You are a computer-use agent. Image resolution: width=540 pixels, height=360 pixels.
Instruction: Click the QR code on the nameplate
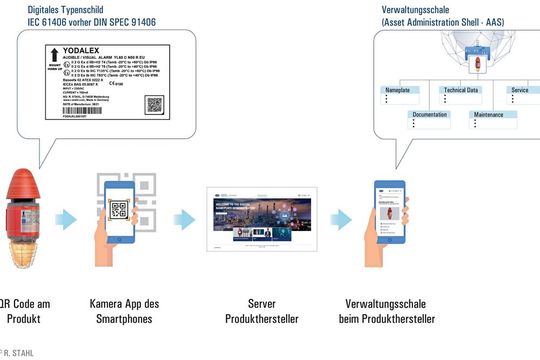[157, 105]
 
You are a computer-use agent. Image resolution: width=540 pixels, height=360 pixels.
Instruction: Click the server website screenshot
[259, 219]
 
